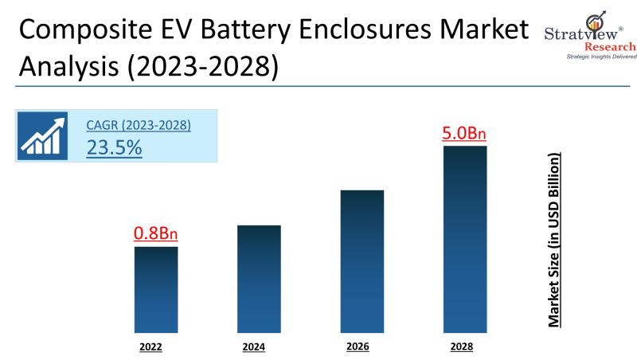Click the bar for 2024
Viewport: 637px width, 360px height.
259,279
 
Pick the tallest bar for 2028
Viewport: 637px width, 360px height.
465,239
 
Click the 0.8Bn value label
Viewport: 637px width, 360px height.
155,234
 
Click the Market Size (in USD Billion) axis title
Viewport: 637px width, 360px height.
555,238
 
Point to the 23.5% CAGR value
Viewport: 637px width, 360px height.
114,147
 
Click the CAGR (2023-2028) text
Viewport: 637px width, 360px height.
139,125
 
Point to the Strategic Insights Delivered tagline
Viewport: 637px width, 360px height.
590,57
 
